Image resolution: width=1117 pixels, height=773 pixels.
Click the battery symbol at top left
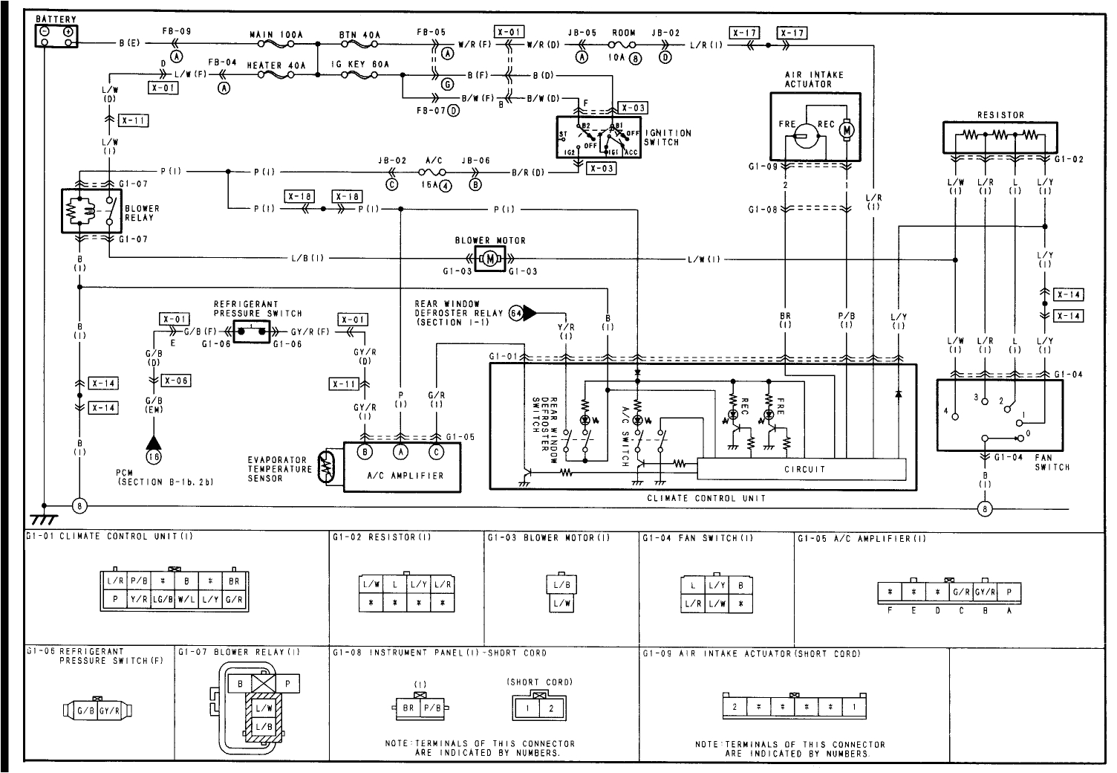click(56, 34)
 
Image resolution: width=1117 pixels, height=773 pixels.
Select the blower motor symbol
click(489, 259)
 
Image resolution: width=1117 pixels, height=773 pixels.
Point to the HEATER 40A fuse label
click(276, 65)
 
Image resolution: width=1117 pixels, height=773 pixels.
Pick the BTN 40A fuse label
click(359, 35)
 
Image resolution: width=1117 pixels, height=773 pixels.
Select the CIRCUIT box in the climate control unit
click(804, 469)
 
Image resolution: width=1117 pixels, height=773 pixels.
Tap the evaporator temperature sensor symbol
click(325, 467)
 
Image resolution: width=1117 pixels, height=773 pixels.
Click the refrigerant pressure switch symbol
click(252, 332)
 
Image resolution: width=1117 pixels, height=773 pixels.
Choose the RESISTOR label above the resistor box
click(1000, 115)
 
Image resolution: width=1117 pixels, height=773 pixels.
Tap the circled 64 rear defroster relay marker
click(518, 313)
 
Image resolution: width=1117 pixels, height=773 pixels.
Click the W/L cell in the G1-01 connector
click(186, 599)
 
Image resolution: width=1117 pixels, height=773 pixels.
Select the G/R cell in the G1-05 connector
click(962, 592)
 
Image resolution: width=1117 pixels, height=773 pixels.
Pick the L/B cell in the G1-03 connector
click(562, 586)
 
